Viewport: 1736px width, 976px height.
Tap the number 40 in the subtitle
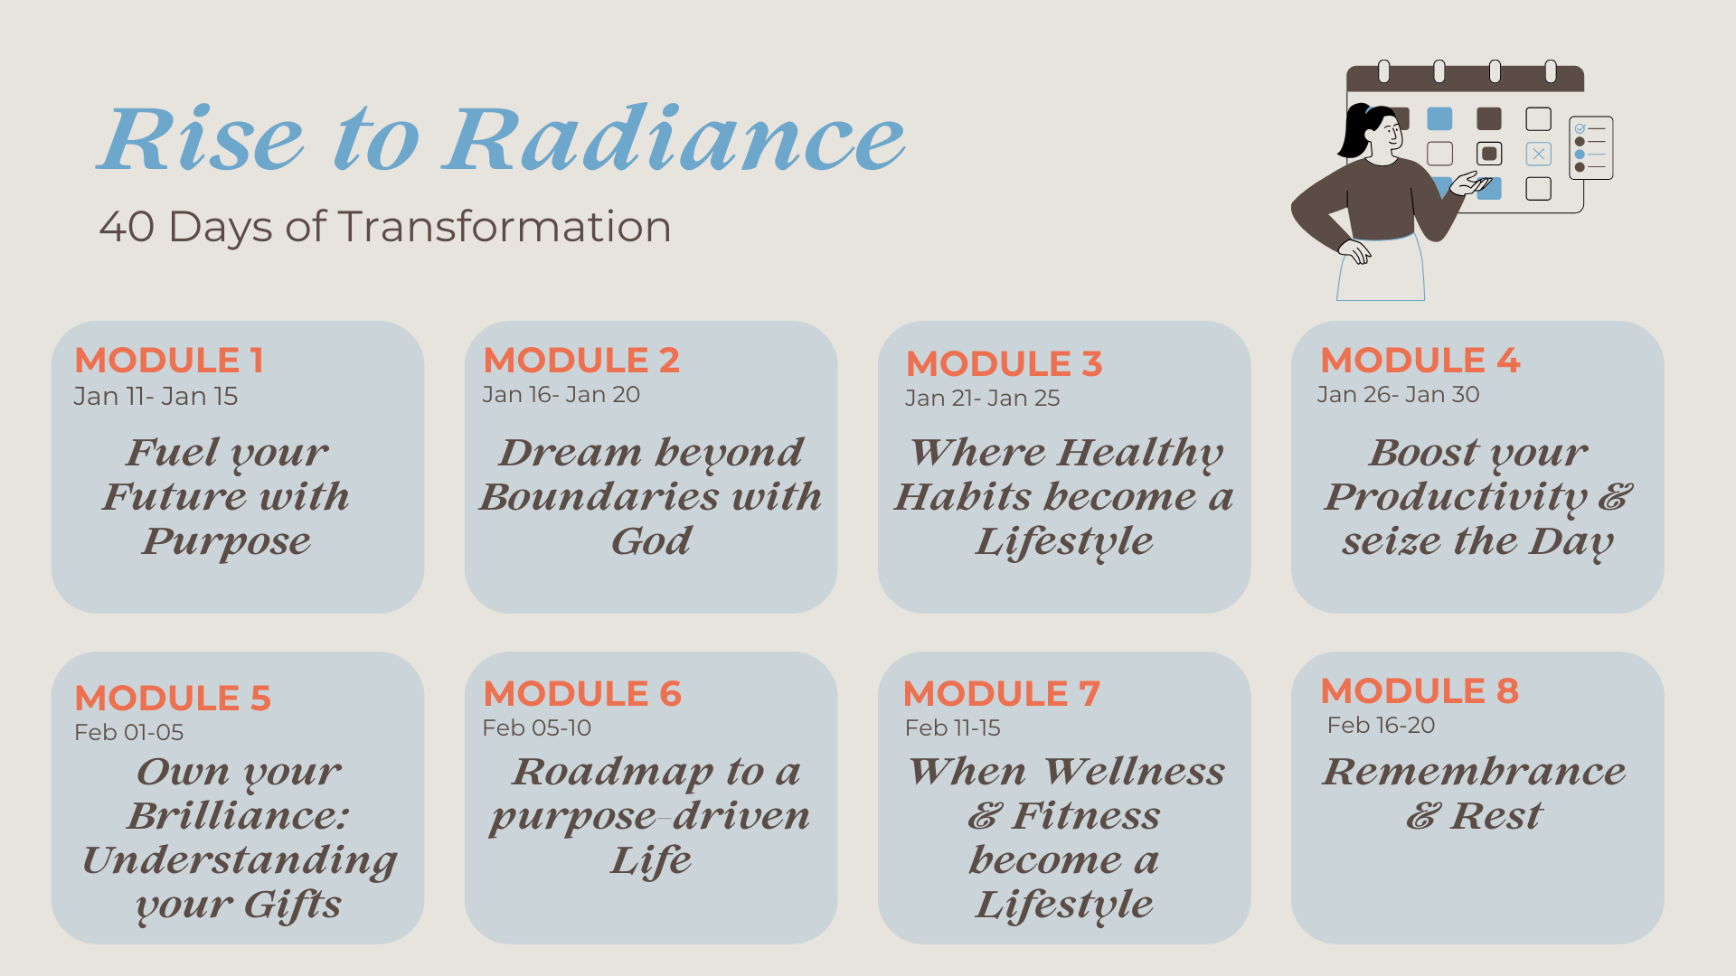click(x=127, y=227)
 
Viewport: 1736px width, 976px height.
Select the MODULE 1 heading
click(x=169, y=360)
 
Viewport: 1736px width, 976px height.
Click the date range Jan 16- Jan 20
click(x=561, y=395)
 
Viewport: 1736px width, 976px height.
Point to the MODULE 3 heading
click(x=1004, y=363)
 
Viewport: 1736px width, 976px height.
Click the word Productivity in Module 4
click(x=1456, y=497)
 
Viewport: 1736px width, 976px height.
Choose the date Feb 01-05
click(x=128, y=732)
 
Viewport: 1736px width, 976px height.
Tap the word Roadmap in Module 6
click(x=613, y=772)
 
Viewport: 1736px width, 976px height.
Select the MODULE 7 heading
click(x=1002, y=693)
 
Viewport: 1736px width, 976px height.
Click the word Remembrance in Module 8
click(x=1474, y=771)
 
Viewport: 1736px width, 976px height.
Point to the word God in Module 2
click(x=651, y=541)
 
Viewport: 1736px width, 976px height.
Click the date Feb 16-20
click(x=1381, y=726)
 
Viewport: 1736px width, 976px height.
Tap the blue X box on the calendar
click(x=1538, y=154)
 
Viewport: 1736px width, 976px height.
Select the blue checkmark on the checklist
click(x=1580, y=128)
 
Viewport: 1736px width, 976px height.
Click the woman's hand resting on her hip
click(x=1355, y=251)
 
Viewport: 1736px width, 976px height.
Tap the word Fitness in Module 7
click(x=1085, y=816)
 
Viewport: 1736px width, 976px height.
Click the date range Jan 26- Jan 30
click(x=1398, y=395)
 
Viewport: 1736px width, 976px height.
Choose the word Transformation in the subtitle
click(x=505, y=227)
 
